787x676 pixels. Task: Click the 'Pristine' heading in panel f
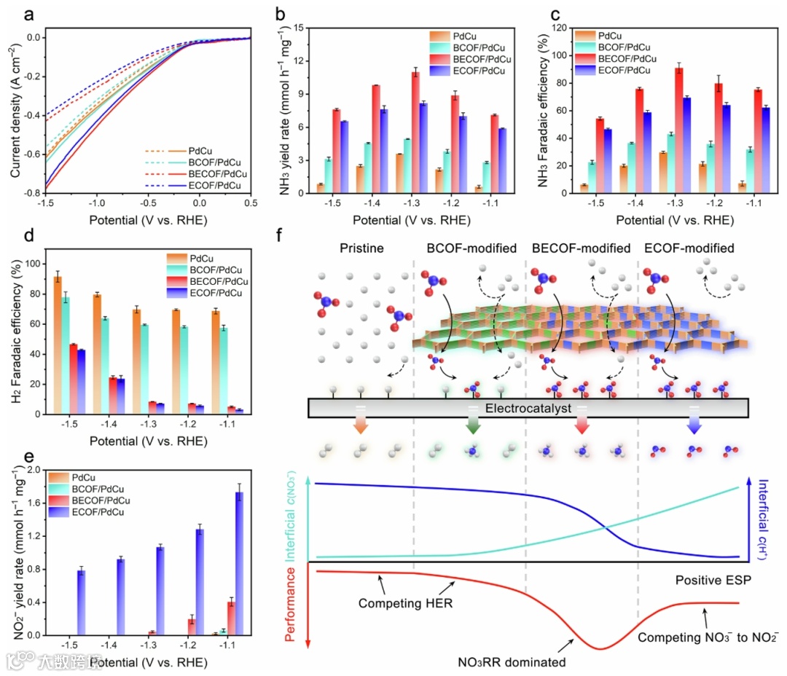point(361,248)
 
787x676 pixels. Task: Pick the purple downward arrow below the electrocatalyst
point(692,425)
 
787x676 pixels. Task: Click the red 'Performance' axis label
point(291,607)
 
